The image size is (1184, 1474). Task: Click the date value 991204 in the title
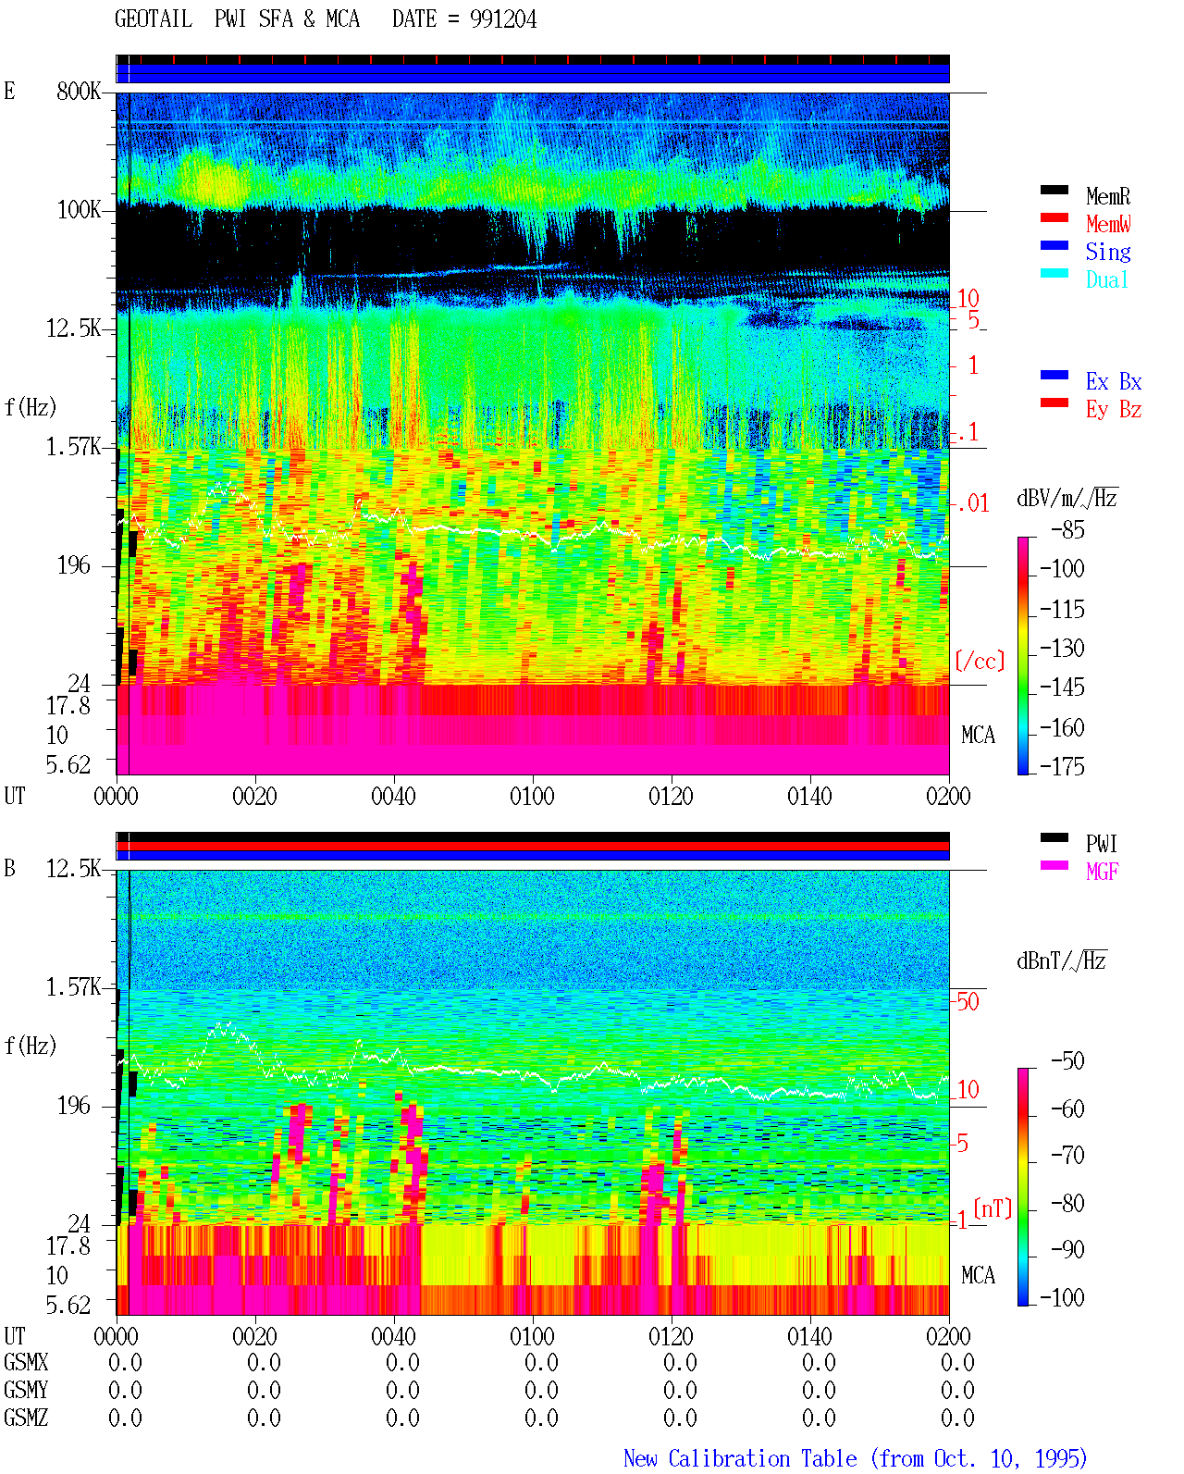pyautogui.click(x=502, y=19)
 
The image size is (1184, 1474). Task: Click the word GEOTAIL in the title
pyautogui.click(x=154, y=19)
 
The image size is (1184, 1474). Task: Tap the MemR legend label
pyautogui.click(x=1107, y=196)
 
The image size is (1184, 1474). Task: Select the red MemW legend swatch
pyautogui.click(x=1054, y=217)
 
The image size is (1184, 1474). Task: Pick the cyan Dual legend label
pyautogui.click(x=1106, y=279)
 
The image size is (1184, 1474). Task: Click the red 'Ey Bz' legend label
pyautogui.click(x=1113, y=410)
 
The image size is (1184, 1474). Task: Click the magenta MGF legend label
pyautogui.click(x=1102, y=872)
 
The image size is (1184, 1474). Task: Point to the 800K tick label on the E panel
pyautogui.click(x=78, y=91)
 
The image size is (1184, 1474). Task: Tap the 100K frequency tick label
pyautogui.click(x=78, y=210)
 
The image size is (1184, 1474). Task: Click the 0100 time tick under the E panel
pyautogui.click(x=532, y=797)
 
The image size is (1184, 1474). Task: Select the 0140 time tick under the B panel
pyautogui.click(x=809, y=1337)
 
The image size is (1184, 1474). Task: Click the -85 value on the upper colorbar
pyautogui.click(x=1067, y=530)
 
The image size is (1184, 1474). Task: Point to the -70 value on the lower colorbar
pyautogui.click(x=1067, y=1156)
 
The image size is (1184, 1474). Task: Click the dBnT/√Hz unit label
pyautogui.click(x=1062, y=961)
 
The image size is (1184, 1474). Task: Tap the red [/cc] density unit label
pyautogui.click(x=980, y=661)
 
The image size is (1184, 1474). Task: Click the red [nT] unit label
pyautogui.click(x=993, y=1209)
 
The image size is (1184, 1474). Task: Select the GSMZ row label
pyautogui.click(x=26, y=1418)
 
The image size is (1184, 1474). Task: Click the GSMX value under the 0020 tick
pyautogui.click(x=264, y=1363)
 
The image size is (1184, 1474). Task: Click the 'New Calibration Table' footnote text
pyautogui.click(x=740, y=1459)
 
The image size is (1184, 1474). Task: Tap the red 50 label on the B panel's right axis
pyautogui.click(x=968, y=1002)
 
